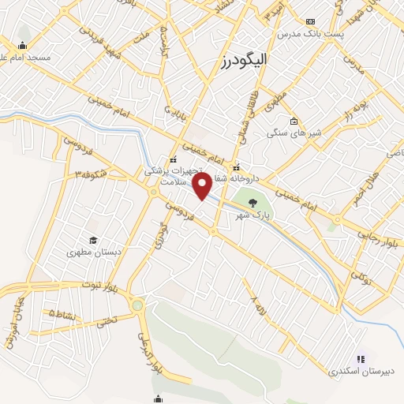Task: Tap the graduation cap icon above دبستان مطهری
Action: click(93, 240)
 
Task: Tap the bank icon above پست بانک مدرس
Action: click(311, 21)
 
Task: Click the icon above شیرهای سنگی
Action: click(294, 122)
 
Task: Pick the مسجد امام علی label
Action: click(24, 57)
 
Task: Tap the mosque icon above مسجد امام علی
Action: click(23, 45)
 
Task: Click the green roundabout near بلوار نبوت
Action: click(138, 305)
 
